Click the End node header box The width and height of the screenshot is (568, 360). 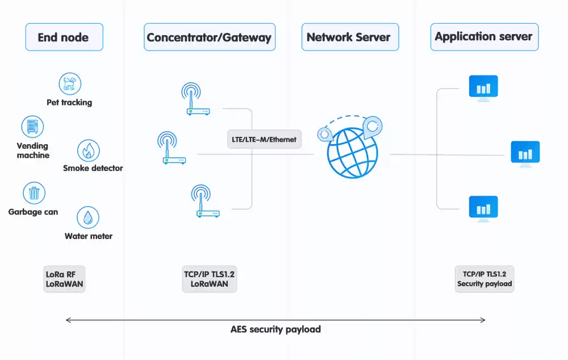(64, 37)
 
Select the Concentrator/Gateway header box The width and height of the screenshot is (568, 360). (209, 37)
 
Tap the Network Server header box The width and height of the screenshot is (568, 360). (349, 37)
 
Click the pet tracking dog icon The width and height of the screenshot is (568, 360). (70, 83)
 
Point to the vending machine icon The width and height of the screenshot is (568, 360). (32, 127)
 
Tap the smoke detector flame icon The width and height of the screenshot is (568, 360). (89, 150)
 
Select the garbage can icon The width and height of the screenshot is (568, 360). (34, 193)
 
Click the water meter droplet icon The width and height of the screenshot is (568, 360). (88, 217)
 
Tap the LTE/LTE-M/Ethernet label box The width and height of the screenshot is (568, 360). (264, 139)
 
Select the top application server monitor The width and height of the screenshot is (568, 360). (483, 88)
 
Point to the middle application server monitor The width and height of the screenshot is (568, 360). (525, 153)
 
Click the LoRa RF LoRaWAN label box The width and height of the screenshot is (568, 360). (64, 278)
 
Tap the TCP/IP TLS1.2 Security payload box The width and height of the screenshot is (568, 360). (485, 278)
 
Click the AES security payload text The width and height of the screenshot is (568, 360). (275, 329)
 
